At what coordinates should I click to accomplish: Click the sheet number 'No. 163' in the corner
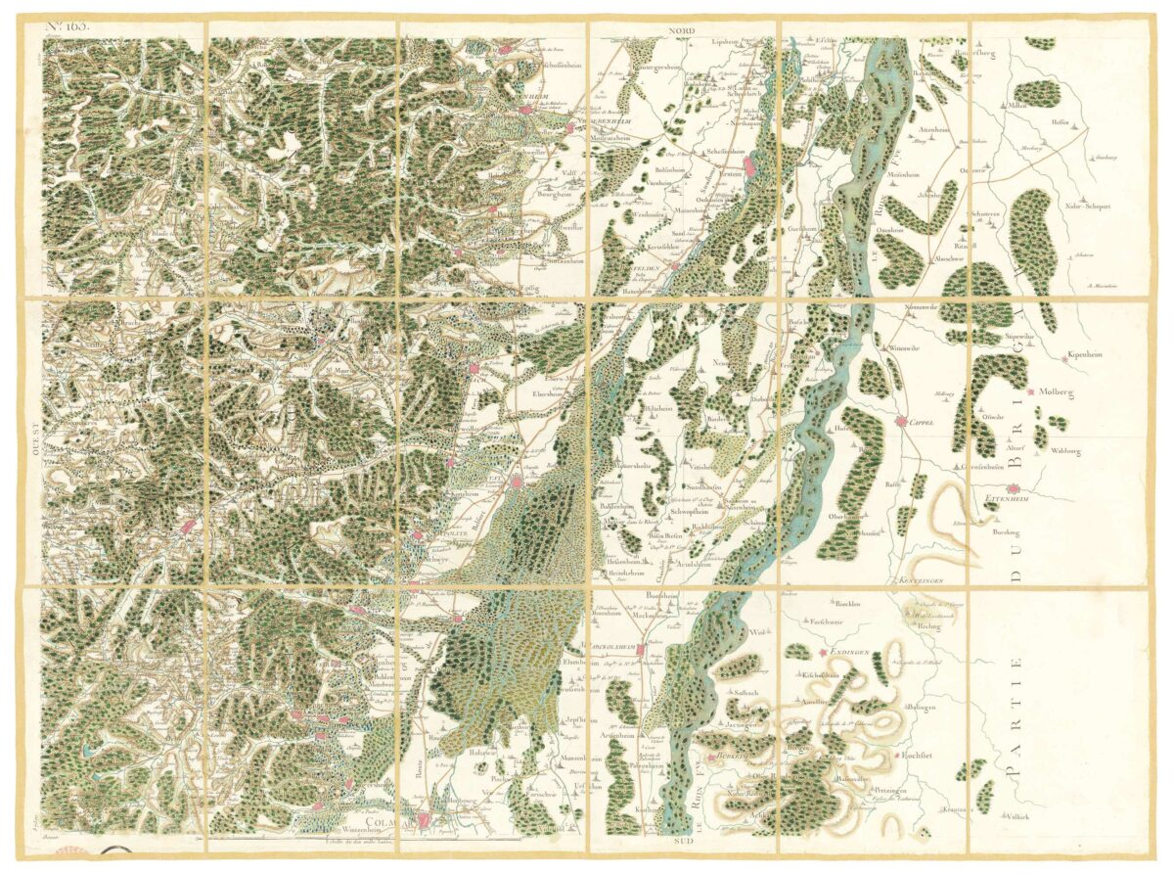(68, 26)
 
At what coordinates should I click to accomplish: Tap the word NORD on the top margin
(682, 32)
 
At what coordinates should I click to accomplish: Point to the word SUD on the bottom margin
(682, 840)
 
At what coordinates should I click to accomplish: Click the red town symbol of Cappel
(900, 422)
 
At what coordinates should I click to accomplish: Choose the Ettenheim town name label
(1004, 500)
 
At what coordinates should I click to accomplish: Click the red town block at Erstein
(749, 167)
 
